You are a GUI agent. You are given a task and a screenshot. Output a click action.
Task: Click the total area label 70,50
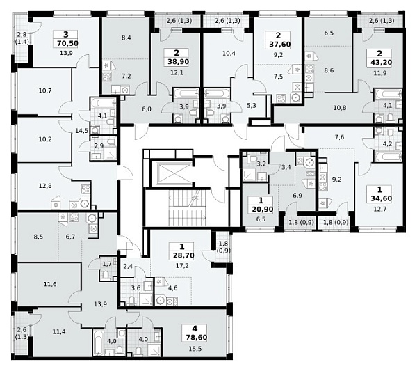point(67,43)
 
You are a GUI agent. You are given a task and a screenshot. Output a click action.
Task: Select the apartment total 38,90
point(178,62)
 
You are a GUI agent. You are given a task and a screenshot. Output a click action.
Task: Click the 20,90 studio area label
point(262,210)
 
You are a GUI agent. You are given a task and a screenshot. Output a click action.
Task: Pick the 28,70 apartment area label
point(183,255)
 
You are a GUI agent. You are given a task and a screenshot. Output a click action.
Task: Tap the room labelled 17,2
point(182,265)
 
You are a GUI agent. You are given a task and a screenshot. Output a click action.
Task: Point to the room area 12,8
point(45,186)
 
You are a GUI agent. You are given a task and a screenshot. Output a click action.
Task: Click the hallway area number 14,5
point(81,131)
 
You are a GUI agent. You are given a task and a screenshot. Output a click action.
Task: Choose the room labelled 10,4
point(229,54)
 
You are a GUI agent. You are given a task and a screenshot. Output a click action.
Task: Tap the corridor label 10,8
point(340,108)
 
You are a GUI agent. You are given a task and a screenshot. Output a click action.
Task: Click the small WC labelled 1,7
point(107,265)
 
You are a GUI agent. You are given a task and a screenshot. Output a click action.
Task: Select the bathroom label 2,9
point(99,145)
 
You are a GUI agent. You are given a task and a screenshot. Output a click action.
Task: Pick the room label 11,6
point(50,284)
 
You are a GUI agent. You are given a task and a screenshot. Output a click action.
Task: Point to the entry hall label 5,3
point(252,106)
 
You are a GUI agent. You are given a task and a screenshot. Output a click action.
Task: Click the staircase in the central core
point(188,207)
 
